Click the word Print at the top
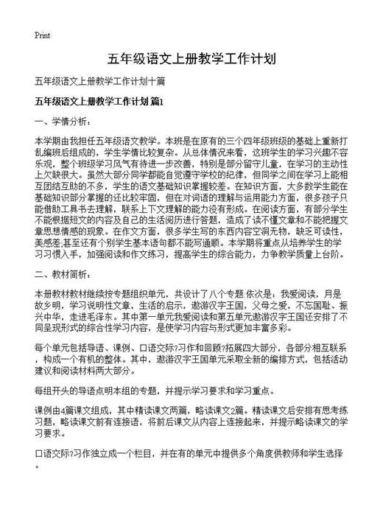point(42,35)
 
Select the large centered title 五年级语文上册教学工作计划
point(191,58)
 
